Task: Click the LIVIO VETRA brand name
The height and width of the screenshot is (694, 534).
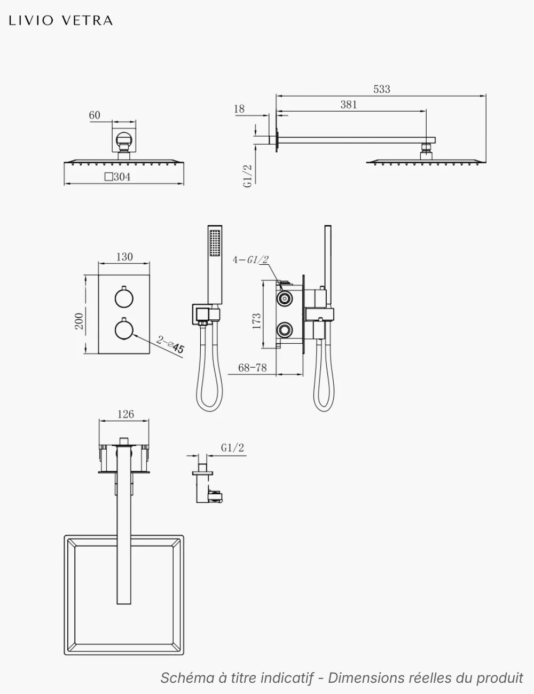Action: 61,21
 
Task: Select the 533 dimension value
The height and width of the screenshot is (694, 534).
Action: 382,89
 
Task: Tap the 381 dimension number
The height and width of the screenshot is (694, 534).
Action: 349,105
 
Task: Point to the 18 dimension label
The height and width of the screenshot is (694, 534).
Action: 239,109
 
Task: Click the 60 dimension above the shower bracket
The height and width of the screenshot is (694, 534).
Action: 95,115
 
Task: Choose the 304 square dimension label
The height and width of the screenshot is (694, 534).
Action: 117,177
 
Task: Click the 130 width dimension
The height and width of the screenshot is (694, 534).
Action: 124,257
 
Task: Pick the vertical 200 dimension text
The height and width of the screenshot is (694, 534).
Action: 78,321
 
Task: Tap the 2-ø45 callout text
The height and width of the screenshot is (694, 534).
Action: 170,344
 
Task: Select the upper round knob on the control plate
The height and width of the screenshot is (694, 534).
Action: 124,298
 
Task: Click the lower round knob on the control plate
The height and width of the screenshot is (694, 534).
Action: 124,329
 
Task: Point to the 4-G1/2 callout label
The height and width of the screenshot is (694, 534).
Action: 250,259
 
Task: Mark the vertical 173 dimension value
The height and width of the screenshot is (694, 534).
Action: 256,321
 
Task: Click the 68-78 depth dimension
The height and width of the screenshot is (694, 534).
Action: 252,368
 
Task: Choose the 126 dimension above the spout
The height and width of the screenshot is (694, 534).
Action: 125,414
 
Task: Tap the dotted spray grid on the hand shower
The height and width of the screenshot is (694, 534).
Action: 215,243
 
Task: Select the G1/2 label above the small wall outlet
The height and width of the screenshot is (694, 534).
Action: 232,448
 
